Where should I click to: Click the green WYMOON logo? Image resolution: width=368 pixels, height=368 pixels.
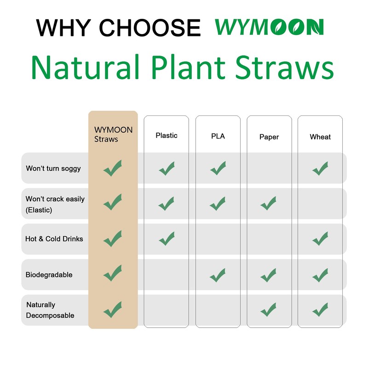tap(269, 27)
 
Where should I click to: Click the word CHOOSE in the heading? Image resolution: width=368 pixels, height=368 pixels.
tap(151, 28)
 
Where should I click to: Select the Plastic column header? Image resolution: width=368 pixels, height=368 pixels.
tap(166, 135)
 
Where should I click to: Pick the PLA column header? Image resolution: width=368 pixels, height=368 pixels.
tap(218, 136)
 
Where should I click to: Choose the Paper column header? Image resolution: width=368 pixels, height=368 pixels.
tap(269, 137)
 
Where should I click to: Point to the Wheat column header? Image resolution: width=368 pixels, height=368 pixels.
tap(320, 137)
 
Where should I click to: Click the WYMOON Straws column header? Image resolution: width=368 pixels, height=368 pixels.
tap(113, 134)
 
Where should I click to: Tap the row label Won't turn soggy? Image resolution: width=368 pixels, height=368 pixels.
tap(53, 168)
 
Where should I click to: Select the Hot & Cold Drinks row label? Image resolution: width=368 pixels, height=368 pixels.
tap(54, 239)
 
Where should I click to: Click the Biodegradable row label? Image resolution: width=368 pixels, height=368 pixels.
tap(49, 275)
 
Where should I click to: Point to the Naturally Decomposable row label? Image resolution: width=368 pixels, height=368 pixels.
tap(50, 310)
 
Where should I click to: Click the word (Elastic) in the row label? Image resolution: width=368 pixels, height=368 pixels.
tap(39, 210)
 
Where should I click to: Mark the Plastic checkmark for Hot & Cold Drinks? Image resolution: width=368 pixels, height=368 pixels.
tap(167, 238)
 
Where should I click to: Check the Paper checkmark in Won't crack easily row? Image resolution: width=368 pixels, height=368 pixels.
tap(268, 203)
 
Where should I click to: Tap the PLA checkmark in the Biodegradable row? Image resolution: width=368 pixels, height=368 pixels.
tap(218, 275)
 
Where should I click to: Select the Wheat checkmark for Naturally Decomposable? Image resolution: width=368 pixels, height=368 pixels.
tap(320, 309)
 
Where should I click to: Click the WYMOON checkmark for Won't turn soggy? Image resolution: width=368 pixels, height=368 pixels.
tap(113, 168)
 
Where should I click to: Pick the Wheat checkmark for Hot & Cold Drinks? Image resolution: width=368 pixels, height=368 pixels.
tap(320, 238)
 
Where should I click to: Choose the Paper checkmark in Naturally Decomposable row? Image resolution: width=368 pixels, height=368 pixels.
tap(268, 309)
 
